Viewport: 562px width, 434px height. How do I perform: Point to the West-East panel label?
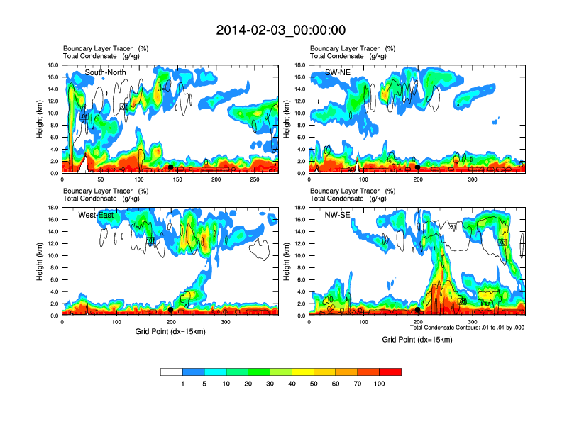tap(97, 215)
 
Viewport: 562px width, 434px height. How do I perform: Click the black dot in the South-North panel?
tap(171, 167)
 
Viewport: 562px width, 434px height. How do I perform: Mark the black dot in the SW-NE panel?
tap(418, 167)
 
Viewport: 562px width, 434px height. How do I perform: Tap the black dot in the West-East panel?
tap(171, 310)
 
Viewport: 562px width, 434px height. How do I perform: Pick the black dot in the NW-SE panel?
tap(418, 310)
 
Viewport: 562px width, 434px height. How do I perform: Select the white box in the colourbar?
tap(171, 372)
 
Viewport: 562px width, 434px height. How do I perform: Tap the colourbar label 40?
tap(292, 384)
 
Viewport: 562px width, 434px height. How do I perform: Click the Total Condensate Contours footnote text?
tap(467, 328)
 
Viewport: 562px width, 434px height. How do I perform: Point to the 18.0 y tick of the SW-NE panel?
tap(301, 65)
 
